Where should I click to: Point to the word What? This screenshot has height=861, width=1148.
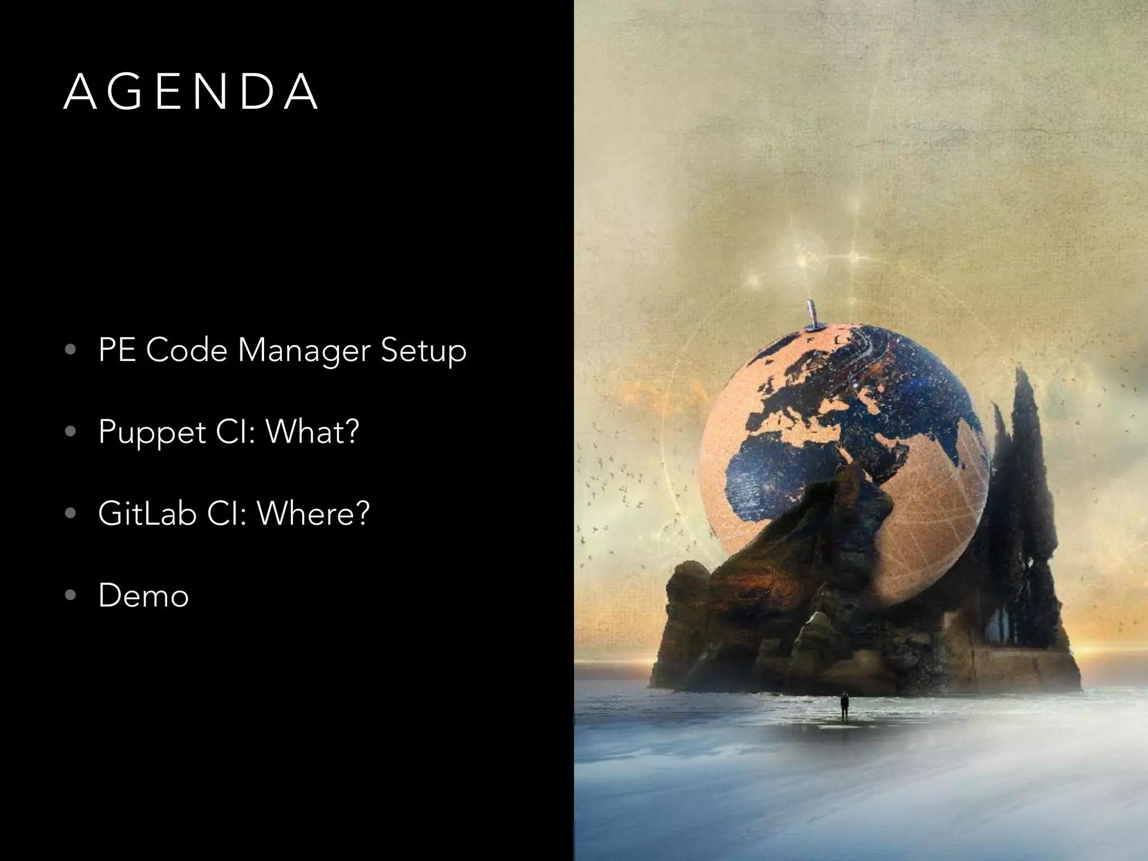coord(312,432)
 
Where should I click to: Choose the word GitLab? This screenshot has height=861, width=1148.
coord(147,513)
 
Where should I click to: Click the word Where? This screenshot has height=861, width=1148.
coord(313,513)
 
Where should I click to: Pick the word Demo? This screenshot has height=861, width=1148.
coord(143,595)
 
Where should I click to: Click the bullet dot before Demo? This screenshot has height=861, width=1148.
coord(70,595)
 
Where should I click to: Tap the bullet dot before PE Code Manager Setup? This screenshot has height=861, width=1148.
coord(70,350)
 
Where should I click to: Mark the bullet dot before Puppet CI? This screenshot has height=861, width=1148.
coord(70,432)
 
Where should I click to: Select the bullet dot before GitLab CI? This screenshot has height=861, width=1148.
coord(70,513)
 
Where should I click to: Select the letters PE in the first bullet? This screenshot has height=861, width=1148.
coord(117,351)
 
